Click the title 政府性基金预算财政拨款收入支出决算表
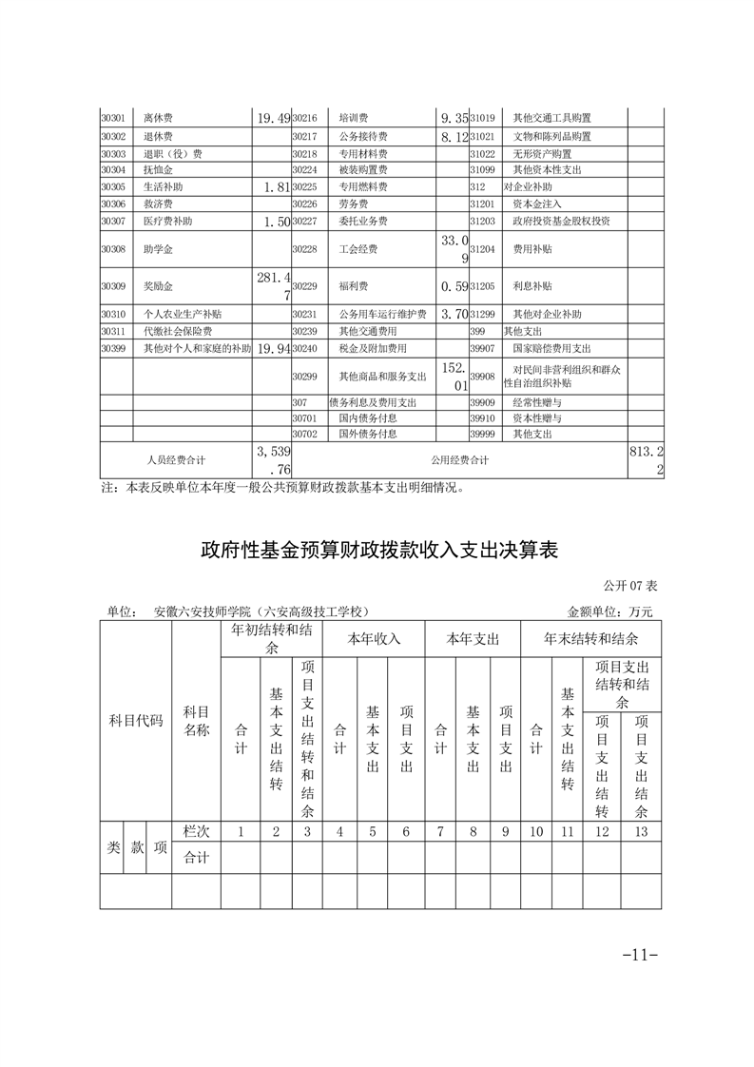coord(377,551)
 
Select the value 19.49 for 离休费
coord(273,119)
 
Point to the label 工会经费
coord(358,249)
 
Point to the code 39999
coord(483,434)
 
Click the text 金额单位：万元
coord(609,611)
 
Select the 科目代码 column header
coord(136,720)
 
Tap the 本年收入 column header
coord(374,638)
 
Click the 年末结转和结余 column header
coord(590,638)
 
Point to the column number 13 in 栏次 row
coord(642,831)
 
